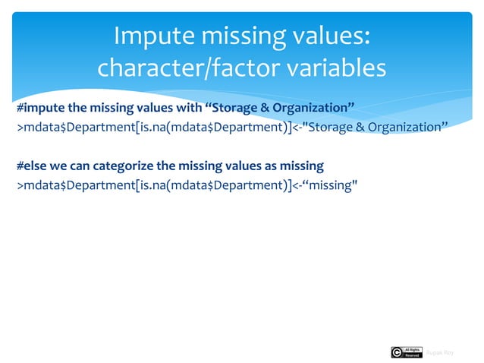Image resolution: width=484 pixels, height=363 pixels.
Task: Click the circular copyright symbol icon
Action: tap(397, 352)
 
